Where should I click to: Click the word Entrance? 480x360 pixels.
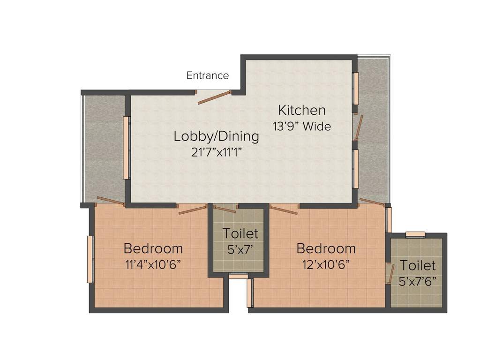tap(208, 75)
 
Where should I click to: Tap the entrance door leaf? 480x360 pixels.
tap(213, 97)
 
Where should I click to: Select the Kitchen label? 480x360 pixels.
tap(302, 111)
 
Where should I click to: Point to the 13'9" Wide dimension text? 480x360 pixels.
tap(302, 126)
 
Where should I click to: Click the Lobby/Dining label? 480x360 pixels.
tap(216, 136)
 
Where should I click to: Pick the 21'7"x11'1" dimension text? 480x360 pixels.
tap(216, 153)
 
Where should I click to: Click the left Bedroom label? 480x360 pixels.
tap(153, 248)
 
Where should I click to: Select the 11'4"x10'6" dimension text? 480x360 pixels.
tap(153, 264)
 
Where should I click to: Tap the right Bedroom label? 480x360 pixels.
tap(326, 248)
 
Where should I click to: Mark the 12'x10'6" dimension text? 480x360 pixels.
tap(326, 264)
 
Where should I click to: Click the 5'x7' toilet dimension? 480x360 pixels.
tap(240, 250)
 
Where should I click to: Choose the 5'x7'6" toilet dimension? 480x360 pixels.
tap(418, 281)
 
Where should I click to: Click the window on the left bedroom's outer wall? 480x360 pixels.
tap(90, 260)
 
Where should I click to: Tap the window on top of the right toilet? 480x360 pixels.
tap(415, 234)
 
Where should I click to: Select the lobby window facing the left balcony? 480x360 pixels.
tap(126, 148)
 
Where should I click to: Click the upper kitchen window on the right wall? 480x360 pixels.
tap(356, 89)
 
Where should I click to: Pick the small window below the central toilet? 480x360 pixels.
tap(238, 276)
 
